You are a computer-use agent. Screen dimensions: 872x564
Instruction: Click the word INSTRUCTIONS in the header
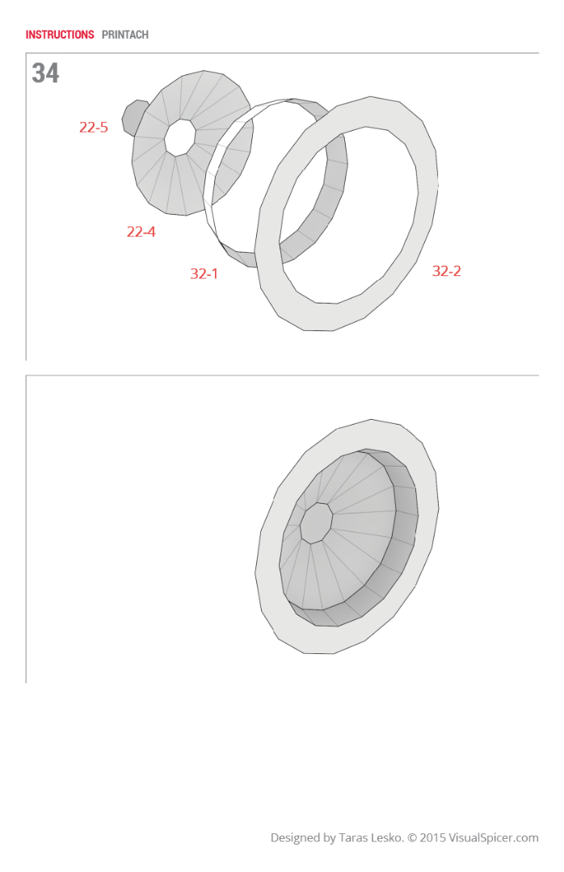(60, 35)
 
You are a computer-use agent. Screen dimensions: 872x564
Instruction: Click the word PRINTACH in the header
(125, 35)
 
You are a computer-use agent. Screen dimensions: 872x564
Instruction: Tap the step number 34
(45, 73)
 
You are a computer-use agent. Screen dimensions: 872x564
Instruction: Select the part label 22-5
(93, 128)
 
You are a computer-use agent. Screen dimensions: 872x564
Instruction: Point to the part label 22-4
(141, 233)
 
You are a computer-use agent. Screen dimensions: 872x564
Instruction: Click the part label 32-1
(204, 275)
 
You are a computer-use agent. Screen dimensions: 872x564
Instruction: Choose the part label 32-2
(446, 271)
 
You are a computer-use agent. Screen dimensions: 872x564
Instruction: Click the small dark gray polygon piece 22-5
(131, 117)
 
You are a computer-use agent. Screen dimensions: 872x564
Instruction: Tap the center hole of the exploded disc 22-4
(179, 137)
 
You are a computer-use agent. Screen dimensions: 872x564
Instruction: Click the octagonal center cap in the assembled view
(316, 523)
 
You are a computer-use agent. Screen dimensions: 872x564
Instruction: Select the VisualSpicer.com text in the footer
(495, 838)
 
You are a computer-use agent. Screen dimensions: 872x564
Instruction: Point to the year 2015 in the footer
(434, 838)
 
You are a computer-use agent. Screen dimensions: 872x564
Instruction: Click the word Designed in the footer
(295, 838)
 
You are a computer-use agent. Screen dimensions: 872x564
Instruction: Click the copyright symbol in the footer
(412, 838)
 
